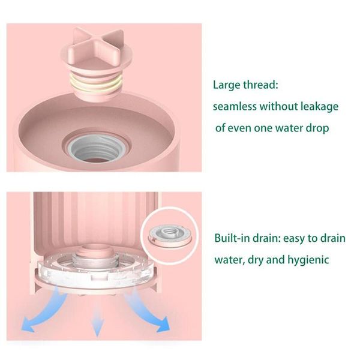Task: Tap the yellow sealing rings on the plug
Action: click(x=96, y=84)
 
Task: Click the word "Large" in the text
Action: click(x=227, y=85)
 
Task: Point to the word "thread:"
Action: click(x=260, y=85)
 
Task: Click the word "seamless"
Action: click(x=235, y=107)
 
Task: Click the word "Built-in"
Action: click(x=232, y=238)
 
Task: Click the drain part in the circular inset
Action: click(x=170, y=236)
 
